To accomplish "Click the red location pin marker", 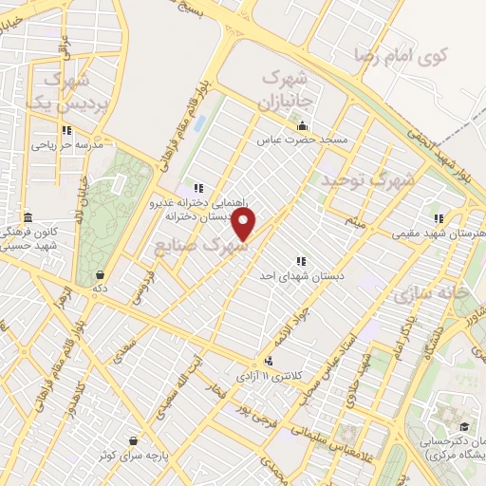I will [244, 225].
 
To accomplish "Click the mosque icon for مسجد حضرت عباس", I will [303, 126].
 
